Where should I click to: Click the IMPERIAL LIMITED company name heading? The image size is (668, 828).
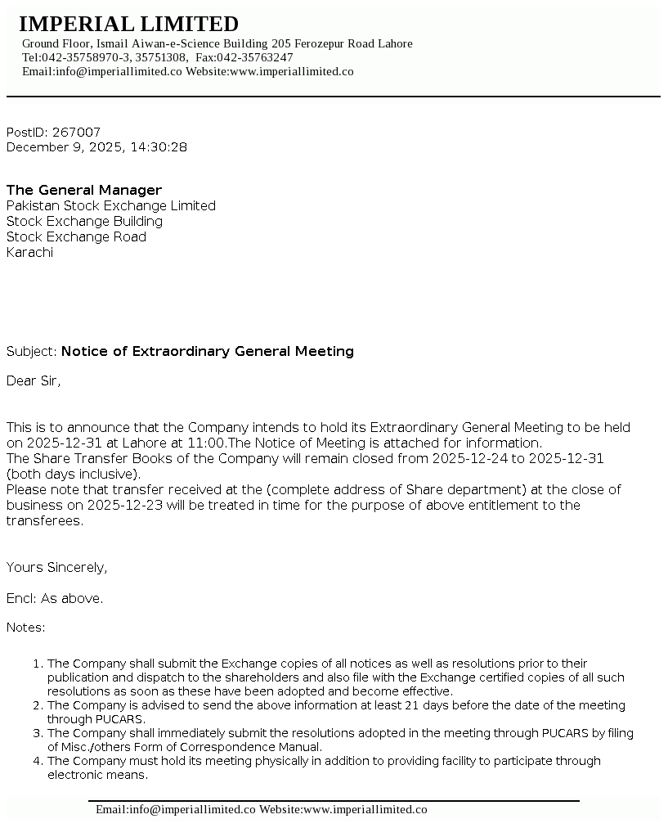coord(128,24)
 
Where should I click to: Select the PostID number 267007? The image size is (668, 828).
coord(76,132)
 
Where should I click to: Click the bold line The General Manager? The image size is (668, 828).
coord(84,190)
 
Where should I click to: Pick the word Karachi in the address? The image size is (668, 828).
coord(29,252)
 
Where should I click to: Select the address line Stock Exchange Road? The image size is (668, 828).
coord(76,236)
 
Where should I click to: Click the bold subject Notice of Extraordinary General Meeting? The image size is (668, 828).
coord(208,351)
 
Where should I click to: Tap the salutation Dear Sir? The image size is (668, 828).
coord(33,380)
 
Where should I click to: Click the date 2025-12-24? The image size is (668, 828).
coord(470,458)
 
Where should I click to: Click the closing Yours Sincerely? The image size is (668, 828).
coord(56,567)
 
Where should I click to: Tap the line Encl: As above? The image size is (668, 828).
coord(55,598)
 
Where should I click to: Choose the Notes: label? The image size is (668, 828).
coord(26,628)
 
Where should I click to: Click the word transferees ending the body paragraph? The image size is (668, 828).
coord(43,520)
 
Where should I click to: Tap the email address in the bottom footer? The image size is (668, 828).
coord(175,809)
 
